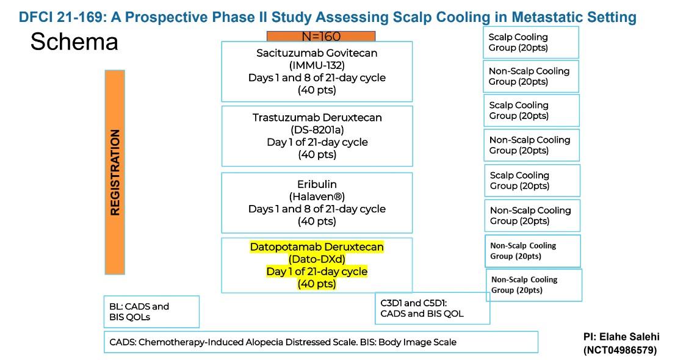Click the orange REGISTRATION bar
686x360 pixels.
click(115, 172)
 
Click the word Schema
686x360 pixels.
click(74, 41)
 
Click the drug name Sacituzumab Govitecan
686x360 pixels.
click(317, 53)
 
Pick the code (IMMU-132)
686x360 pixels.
click(317, 65)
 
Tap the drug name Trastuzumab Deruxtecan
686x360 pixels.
click(317, 118)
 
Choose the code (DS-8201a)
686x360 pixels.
click(317, 130)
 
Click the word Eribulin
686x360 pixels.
click(317, 184)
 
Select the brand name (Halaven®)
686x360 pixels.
click(317, 196)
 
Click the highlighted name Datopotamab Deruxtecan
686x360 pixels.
click(317, 247)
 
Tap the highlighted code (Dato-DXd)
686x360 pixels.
click(317, 259)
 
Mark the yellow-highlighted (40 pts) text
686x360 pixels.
click(317, 284)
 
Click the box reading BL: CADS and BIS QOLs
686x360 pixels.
click(151, 311)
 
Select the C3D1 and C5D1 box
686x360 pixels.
click(432, 308)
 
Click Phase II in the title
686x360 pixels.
click(220, 16)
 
